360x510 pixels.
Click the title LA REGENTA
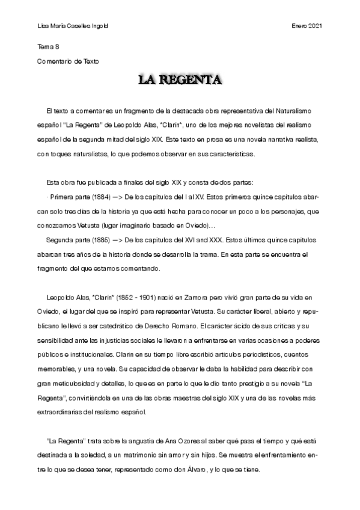(x=180, y=80)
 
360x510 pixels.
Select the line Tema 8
(x=48, y=46)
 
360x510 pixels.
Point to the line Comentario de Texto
(x=67, y=61)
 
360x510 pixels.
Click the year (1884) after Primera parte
(x=94, y=197)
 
